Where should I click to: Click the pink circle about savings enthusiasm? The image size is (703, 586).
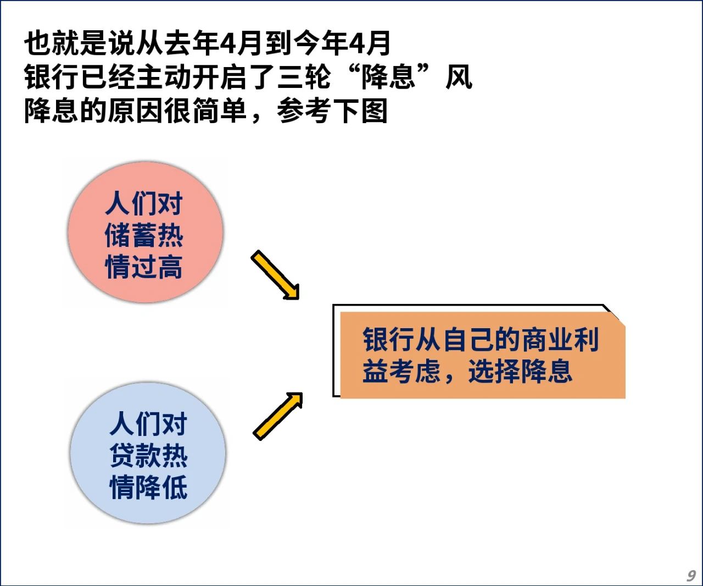[146, 232]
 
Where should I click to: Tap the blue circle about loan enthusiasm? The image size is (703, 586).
[148, 453]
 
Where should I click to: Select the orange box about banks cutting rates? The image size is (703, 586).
[482, 355]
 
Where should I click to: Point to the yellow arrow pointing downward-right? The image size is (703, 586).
[275, 275]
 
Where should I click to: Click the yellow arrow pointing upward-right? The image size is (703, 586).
[278, 416]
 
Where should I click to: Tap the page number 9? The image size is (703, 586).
[691, 575]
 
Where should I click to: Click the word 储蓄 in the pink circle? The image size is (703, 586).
[131, 235]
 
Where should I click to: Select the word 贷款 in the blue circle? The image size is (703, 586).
[136, 455]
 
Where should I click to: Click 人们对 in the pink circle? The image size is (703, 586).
[144, 203]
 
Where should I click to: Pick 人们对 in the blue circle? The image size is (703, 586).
[148, 424]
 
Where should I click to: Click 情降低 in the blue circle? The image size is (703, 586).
[148, 487]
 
